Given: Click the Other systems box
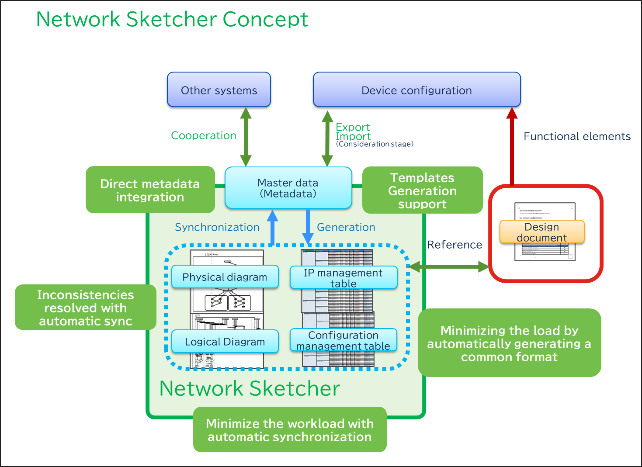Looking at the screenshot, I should (x=219, y=90).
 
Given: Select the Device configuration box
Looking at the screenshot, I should (x=416, y=90).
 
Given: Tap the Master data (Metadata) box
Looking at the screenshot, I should (x=288, y=188).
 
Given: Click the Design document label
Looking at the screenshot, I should (x=542, y=232).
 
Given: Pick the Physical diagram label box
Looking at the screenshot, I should (x=225, y=277).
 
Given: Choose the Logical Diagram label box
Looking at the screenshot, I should (x=225, y=342).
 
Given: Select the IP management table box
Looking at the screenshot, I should (x=343, y=278).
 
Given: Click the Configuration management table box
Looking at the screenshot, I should (x=343, y=340).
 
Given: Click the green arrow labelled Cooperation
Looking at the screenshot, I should (x=246, y=137).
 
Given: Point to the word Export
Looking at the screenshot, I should (x=353, y=127).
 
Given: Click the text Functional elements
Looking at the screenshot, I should (x=577, y=136).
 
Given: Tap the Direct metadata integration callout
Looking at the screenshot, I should (x=150, y=190).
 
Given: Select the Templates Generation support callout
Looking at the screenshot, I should (x=422, y=190).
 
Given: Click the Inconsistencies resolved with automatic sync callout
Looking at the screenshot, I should (x=85, y=308).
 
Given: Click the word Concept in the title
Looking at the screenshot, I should (x=265, y=19).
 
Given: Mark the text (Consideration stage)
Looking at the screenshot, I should (x=375, y=144).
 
